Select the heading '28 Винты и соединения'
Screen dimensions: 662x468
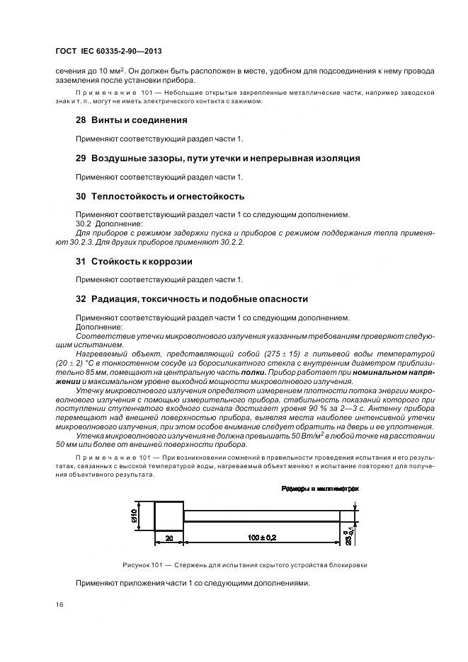[x=131, y=120]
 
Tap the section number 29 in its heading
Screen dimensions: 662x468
[x=80, y=158]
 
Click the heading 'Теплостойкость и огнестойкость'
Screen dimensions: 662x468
[x=166, y=197]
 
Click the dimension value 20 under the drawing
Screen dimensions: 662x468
[x=169, y=538]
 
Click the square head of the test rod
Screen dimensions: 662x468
[x=169, y=516]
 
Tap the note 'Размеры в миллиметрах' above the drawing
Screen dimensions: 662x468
[x=320, y=489]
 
